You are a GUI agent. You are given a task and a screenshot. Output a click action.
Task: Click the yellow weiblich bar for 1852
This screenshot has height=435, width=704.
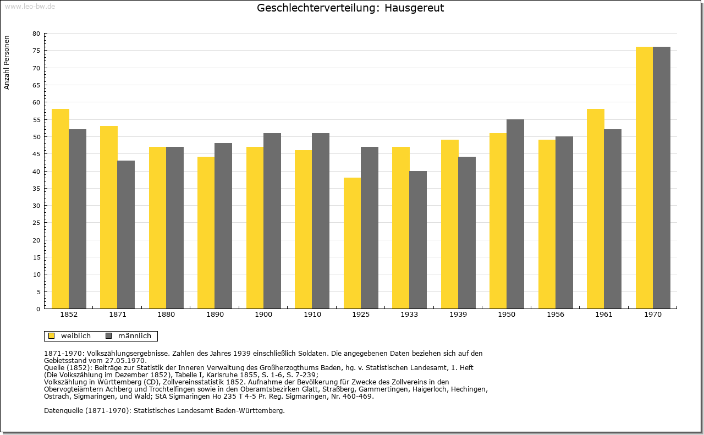tap(61, 208)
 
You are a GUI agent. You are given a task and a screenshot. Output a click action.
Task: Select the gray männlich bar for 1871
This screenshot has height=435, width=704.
tap(126, 235)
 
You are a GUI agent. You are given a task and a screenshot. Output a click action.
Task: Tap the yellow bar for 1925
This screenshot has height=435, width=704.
tap(353, 243)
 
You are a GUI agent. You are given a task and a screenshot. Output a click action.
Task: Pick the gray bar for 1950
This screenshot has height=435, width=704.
tap(515, 214)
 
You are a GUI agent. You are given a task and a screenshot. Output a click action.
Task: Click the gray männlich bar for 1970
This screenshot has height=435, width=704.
tap(662, 178)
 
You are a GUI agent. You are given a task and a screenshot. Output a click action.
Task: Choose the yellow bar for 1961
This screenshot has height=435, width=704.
tap(596, 208)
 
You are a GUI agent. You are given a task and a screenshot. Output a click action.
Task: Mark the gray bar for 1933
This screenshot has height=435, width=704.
tap(418, 240)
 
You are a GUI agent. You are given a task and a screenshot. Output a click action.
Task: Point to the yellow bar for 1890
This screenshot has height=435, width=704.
tap(206, 233)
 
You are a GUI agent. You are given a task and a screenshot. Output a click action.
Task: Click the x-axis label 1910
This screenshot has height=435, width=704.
tap(312, 315)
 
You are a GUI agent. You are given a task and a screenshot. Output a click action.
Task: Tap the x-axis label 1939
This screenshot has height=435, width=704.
tap(458, 315)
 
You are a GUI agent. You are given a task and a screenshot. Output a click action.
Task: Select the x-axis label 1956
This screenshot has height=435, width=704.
tap(555, 315)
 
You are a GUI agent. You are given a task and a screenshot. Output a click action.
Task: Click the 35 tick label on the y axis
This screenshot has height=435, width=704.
tap(36, 189)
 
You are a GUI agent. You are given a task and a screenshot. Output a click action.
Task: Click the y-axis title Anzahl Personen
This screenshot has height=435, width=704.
tap(7, 63)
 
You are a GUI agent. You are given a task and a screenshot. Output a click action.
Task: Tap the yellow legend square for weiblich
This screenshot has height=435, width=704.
tap(52, 336)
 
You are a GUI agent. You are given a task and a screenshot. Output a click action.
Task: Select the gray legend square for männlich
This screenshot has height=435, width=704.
tap(109, 336)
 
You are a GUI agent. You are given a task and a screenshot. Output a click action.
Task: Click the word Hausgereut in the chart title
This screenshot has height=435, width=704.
tap(414, 8)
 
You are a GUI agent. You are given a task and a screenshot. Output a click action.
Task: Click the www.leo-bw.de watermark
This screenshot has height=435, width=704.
tap(30, 7)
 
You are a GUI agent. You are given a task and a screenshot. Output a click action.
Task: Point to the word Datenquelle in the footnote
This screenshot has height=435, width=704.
tap(63, 411)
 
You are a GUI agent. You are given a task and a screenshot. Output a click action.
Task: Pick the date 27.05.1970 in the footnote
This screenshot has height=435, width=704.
tap(126, 361)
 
